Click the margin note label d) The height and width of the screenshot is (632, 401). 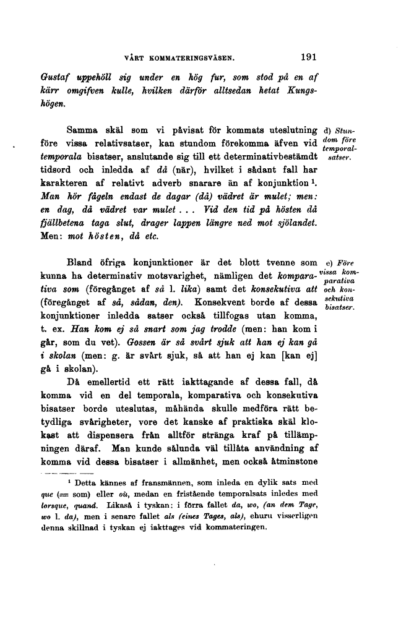click(327, 130)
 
